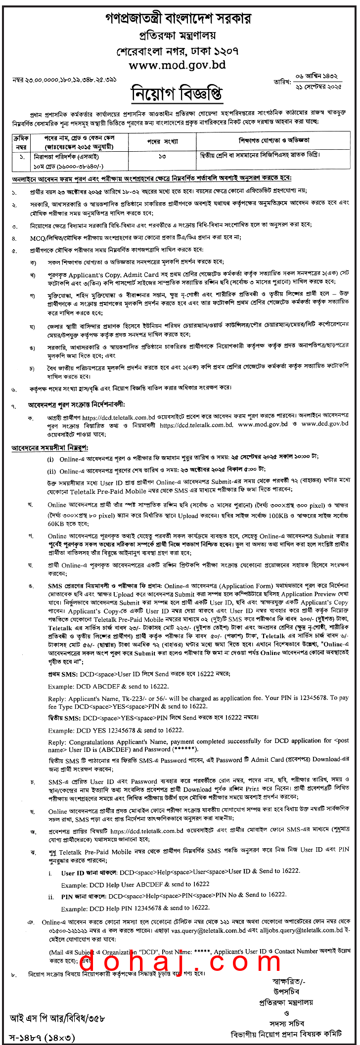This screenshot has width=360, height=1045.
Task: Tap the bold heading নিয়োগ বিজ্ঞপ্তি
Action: (177, 93)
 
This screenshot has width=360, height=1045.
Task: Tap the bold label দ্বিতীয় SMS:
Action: (65, 717)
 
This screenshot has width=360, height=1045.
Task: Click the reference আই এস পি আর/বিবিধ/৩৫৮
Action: (57, 1018)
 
